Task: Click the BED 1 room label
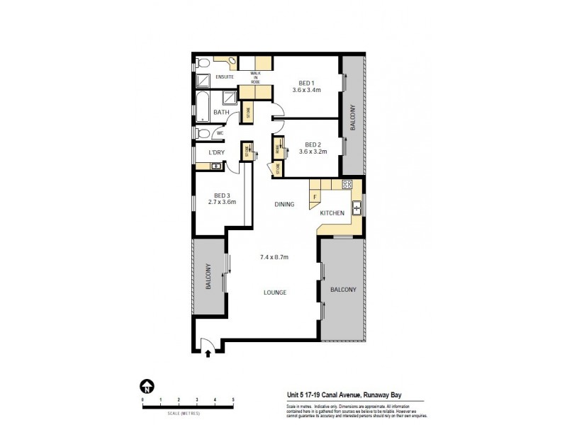point(307,83)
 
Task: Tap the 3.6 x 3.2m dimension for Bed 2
point(313,151)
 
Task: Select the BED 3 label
point(222,195)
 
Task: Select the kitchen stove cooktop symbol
point(347,184)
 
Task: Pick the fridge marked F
point(315,196)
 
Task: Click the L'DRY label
point(216,153)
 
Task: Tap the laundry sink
point(215,166)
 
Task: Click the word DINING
point(286,205)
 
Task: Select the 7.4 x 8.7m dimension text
point(275,256)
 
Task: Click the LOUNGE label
point(275,292)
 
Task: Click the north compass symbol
point(145,387)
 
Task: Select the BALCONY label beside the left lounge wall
point(208,276)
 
